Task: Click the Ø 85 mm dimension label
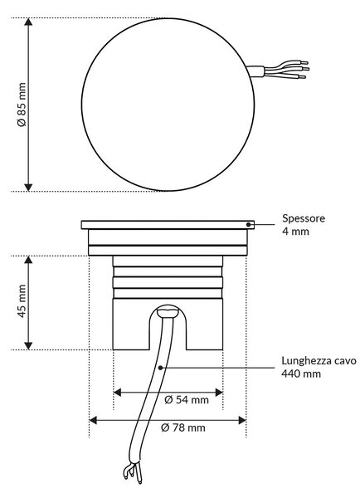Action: click(22, 105)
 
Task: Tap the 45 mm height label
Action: click(22, 300)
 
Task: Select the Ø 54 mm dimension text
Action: click(187, 399)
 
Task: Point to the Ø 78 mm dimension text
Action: click(183, 427)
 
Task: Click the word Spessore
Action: click(304, 219)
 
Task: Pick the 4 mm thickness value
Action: click(295, 232)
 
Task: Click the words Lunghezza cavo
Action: click(319, 361)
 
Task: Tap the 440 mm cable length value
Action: click(301, 373)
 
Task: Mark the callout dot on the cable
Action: click(160, 368)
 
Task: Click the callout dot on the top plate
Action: click(248, 225)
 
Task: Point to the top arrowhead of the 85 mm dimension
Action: click(28, 22)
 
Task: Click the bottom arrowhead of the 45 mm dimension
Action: click(28, 346)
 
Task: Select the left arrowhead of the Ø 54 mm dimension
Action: click(117, 393)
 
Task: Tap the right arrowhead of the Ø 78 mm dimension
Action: click(242, 421)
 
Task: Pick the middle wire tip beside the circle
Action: click(305, 69)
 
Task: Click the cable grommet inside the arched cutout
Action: click(168, 310)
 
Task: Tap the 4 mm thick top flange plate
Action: click(168, 225)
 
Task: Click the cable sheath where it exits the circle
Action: click(255, 71)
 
